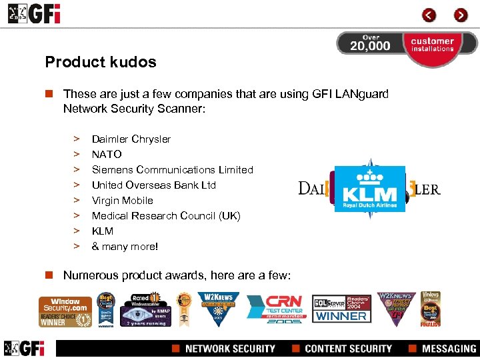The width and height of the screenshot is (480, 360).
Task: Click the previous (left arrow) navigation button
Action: [x=429, y=15]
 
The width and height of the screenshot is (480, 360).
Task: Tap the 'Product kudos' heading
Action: [x=101, y=62]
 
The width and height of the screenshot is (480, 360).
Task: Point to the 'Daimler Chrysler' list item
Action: [x=131, y=139]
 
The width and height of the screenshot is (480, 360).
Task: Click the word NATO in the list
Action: [x=107, y=155]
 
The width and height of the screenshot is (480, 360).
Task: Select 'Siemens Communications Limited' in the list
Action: [x=172, y=170]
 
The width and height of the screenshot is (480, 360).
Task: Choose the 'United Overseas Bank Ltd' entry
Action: [x=153, y=185]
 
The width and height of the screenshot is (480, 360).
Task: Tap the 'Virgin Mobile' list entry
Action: [x=122, y=201]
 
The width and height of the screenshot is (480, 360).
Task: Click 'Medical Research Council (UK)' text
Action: [x=165, y=216]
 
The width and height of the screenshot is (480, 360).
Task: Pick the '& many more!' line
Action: [x=125, y=247]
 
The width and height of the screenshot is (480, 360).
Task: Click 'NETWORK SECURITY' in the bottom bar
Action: [x=229, y=349]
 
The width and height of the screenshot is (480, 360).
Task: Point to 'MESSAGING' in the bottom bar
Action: [x=449, y=349]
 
